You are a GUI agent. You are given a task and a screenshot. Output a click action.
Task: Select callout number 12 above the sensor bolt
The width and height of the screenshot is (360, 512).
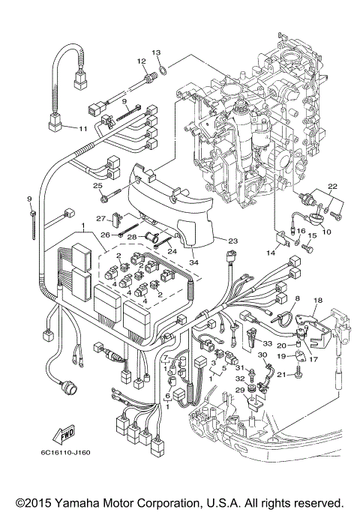[141, 61]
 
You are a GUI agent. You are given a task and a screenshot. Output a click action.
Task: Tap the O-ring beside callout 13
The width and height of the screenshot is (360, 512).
[162, 73]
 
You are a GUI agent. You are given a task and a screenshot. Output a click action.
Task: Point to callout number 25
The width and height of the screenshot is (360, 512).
[97, 186]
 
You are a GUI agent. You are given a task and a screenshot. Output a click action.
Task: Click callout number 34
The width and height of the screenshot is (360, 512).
[195, 262]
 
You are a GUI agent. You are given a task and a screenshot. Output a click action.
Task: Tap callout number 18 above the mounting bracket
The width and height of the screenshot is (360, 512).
[317, 300]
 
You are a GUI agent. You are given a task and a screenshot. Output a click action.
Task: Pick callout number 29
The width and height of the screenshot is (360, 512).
[240, 391]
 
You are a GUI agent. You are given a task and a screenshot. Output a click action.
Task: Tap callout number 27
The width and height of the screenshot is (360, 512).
[100, 218]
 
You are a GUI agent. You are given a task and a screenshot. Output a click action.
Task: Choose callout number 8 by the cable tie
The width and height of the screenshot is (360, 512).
[296, 300]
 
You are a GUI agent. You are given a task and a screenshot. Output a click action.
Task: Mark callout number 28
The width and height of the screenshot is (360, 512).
[130, 237]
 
